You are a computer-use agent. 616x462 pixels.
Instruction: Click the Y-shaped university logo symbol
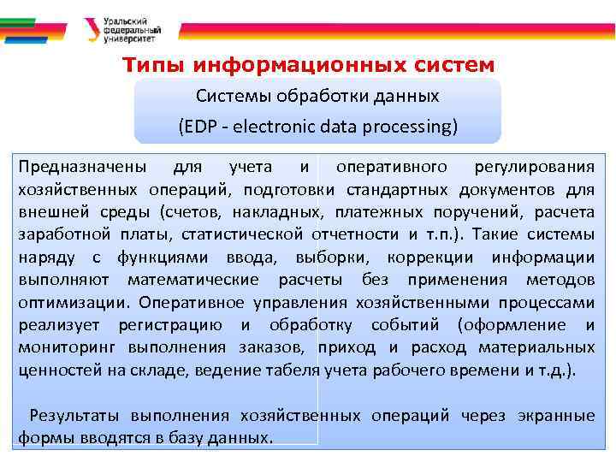pyautogui.click(x=92, y=28)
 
